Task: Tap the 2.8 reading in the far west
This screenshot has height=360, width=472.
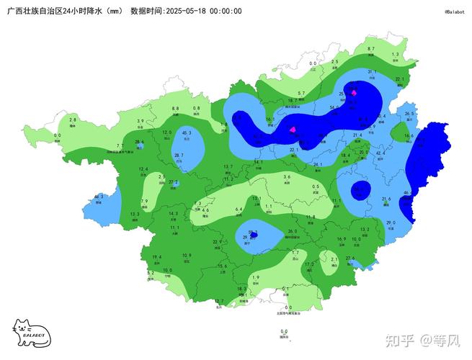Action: click(x=73, y=119)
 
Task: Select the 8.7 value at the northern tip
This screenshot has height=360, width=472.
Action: click(x=371, y=48)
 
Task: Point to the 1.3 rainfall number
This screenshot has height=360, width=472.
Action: click(x=395, y=54)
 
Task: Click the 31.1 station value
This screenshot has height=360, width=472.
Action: click(x=373, y=72)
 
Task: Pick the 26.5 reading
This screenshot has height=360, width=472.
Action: click(x=409, y=114)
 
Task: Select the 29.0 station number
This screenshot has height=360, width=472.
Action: click(x=391, y=223)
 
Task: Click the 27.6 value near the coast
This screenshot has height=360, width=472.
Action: click(x=350, y=258)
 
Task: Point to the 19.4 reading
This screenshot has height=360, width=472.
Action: click(x=157, y=257)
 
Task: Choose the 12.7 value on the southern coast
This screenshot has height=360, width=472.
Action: click(x=219, y=301)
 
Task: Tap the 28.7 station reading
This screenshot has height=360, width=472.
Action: click(x=179, y=156)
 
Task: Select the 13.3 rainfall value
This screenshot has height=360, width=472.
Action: click(x=135, y=214)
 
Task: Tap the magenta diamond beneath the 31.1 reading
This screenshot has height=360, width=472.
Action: click(x=354, y=93)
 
